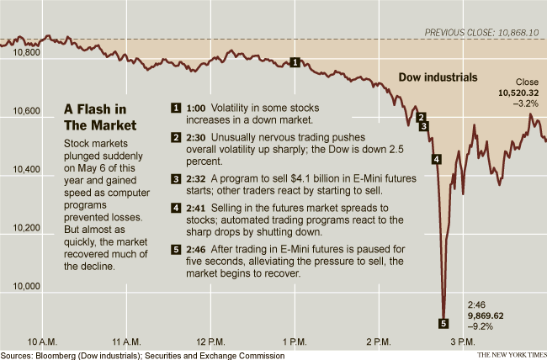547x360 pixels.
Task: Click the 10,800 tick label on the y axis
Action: click(29, 52)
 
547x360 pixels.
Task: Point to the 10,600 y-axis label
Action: click(29, 111)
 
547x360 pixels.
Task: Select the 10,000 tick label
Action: click(29, 286)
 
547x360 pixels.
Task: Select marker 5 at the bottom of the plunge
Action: click(443, 322)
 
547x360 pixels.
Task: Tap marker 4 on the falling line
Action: click(436, 159)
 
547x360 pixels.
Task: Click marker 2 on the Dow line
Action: click(422, 117)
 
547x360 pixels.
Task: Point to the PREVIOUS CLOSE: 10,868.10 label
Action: click(481, 32)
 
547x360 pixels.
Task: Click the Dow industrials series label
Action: click(438, 77)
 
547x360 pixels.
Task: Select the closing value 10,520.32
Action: click(518, 93)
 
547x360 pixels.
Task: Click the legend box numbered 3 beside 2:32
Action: click(176, 178)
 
